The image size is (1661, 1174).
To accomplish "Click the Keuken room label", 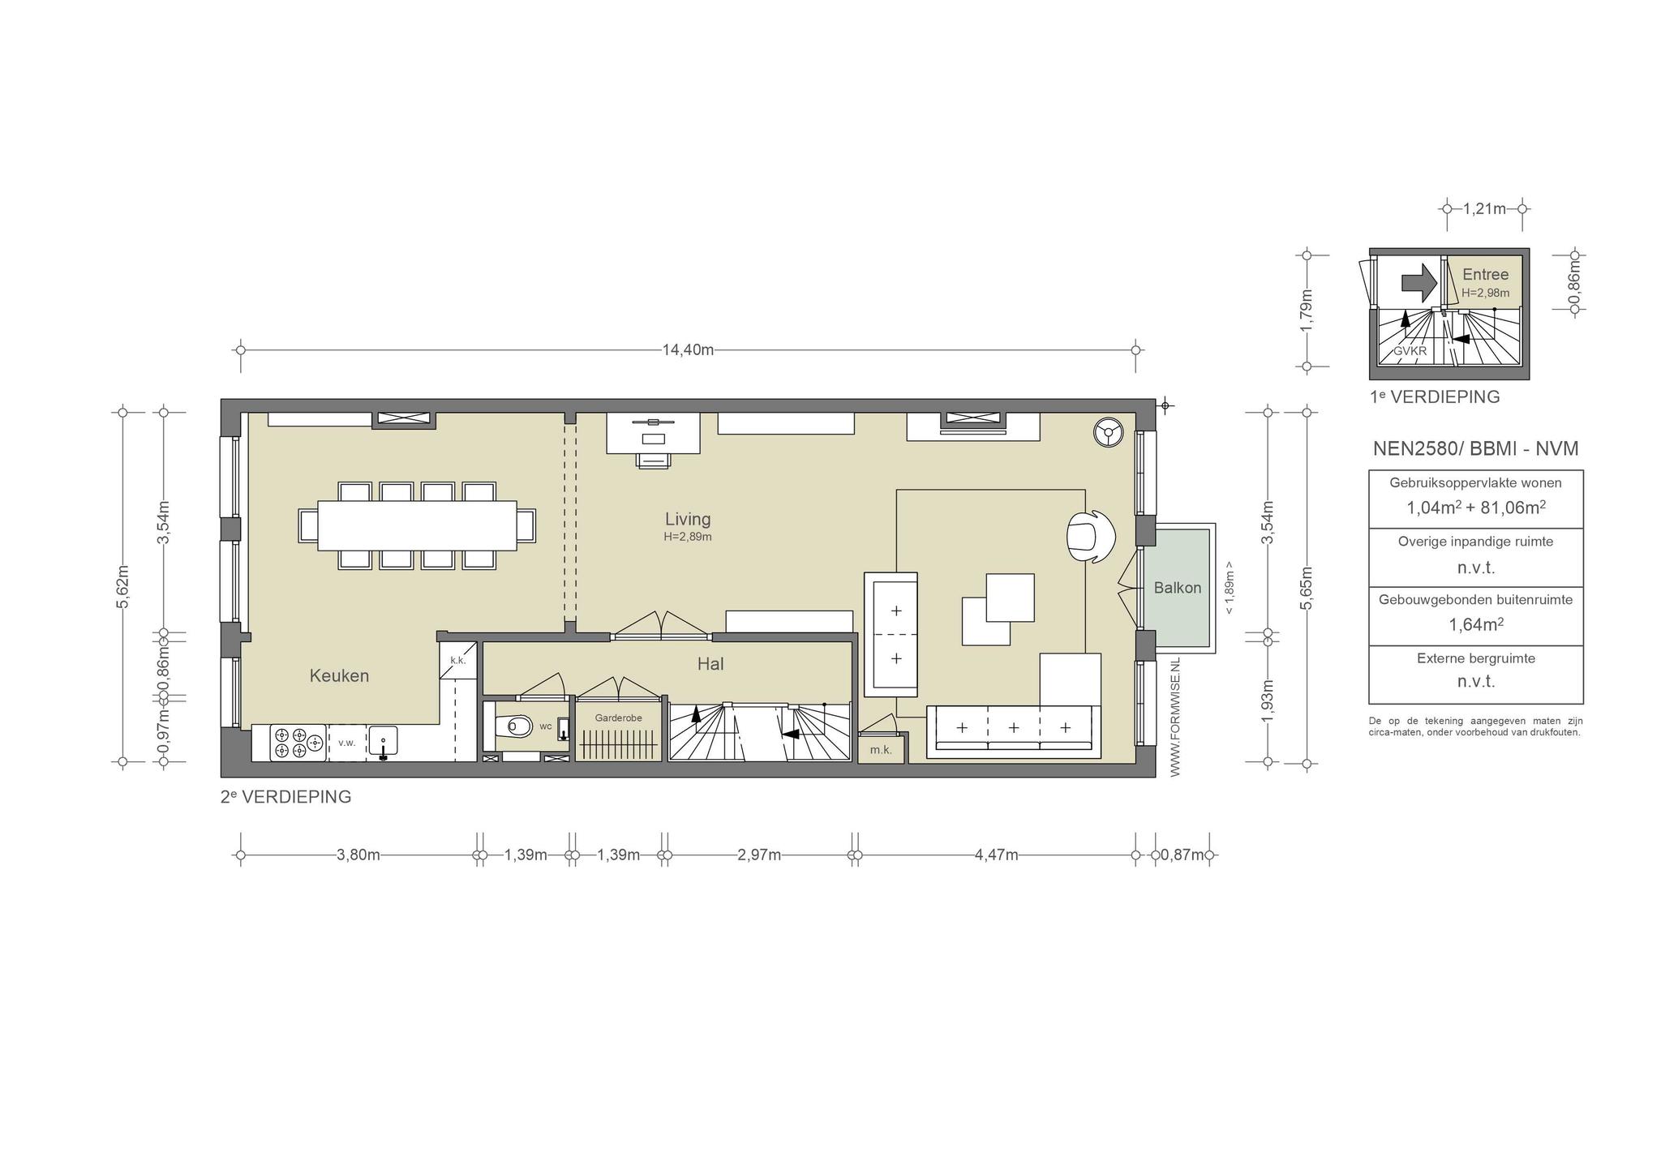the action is [x=339, y=675].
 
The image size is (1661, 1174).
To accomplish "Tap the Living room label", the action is [x=688, y=519].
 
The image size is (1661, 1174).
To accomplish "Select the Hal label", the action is [x=710, y=664].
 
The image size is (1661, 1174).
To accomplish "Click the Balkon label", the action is [x=1178, y=588].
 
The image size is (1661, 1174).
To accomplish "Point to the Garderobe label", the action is [x=618, y=718].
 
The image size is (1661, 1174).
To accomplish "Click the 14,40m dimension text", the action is [x=688, y=350].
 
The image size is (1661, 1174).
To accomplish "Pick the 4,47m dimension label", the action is [x=996, y=855].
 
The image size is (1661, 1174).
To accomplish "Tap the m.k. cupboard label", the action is [x=881, y=750].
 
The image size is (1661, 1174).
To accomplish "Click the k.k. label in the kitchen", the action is [x=458, y=660].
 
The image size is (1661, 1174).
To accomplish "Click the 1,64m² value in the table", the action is [x=1475, y=624].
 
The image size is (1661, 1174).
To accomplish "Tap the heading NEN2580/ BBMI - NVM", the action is [x=1475, y=448].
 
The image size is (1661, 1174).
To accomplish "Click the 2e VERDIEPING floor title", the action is [x=285, y=797].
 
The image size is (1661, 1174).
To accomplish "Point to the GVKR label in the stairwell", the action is [x=1410, y=351].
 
